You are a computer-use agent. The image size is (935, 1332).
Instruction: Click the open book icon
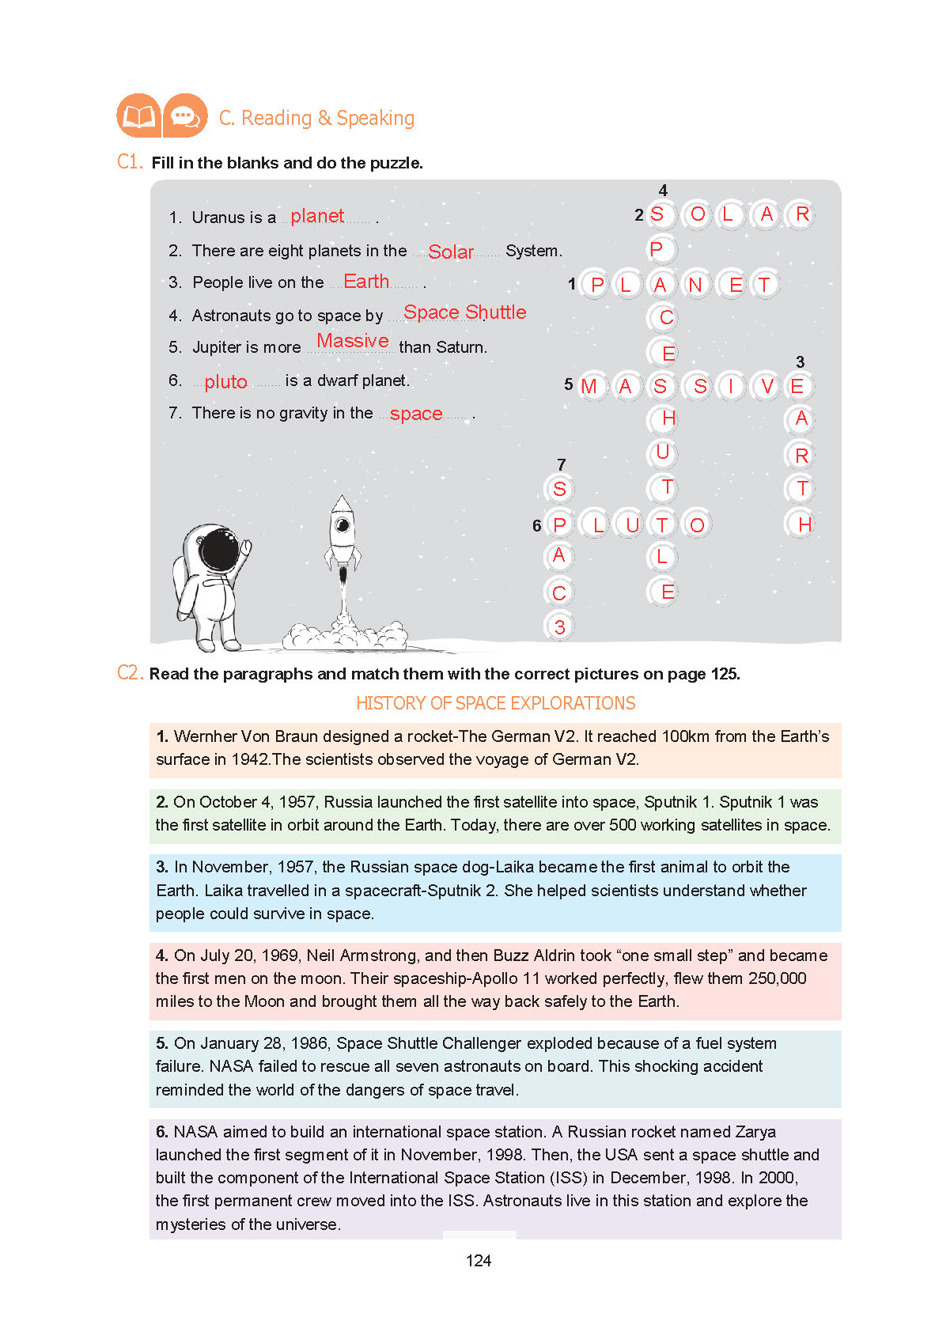[138, 116]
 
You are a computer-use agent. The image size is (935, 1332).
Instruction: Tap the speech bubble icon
[185, 116]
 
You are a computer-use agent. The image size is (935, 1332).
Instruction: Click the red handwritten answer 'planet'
[316, 216]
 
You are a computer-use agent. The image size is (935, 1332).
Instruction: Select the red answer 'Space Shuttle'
[464, 312]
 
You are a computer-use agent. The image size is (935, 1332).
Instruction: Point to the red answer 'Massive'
[353, 341]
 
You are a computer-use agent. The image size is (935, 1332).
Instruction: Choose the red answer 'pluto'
[225, 382]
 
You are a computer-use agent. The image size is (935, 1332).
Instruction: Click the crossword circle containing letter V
[767, 386]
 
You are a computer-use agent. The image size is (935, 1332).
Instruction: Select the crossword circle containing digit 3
[559, 626]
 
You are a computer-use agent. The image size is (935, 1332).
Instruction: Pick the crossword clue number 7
[561, 464]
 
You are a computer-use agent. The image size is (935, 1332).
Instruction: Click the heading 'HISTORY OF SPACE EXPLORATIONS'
[495, 703]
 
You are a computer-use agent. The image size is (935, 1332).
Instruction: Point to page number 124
[479, 1261]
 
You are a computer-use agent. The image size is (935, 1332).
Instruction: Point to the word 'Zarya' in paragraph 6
[755, 1132]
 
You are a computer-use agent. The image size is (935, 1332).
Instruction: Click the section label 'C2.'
[130, 673]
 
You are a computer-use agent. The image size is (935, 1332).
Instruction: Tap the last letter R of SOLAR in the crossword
[802, 214]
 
